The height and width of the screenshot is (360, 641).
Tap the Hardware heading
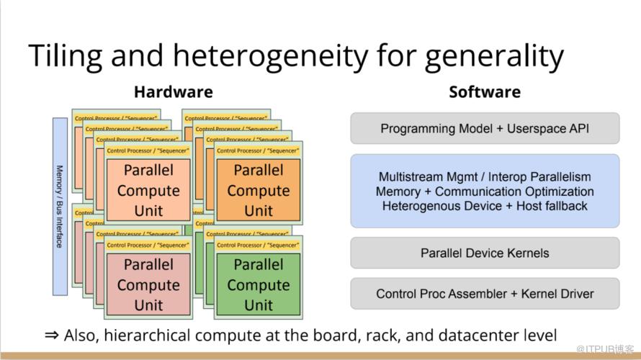click(x=173, y=92)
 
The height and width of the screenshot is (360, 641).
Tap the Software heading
click(x=484, y=92)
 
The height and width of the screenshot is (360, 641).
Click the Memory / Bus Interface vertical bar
click(x=60, y=207)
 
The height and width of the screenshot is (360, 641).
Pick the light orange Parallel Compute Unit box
click(x=148, y=190)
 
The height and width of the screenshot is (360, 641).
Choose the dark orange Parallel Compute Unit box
click(x=259, y=190)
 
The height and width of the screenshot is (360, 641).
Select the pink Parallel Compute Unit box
click(x=148, y=284)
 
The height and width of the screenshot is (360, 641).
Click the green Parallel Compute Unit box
click(x=259, y=284)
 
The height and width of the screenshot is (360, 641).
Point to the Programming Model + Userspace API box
click(x=485, y=129)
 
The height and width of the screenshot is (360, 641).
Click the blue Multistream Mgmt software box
click(x=485, y=191)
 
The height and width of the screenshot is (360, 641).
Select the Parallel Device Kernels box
click(x=485, y=253)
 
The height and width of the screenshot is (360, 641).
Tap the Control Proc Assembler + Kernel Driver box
click(x=485, y=294)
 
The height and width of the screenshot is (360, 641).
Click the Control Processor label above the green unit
click(x=259, y=246)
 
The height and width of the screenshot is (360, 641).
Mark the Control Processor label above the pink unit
click(x=148, y=246)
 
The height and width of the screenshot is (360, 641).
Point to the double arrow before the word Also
click(x=52, y=336)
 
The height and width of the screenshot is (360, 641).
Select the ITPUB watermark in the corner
click(x=608, y=349)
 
